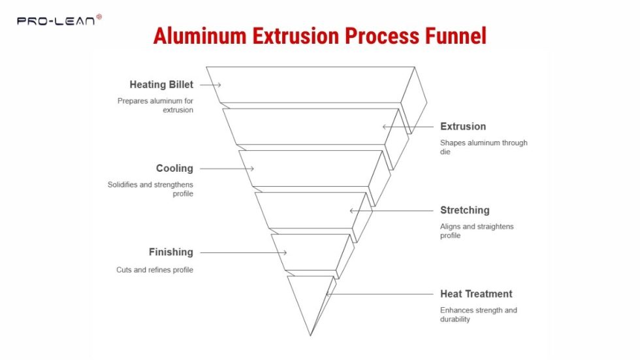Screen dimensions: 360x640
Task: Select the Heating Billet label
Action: point(161,85)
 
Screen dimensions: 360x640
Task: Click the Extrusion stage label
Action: point(463,127)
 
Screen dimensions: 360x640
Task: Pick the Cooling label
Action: point(174,169)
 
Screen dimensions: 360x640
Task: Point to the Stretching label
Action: point(464,210)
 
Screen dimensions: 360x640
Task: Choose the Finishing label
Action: point(170,252)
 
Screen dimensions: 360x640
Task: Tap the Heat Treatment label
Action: point(476,294)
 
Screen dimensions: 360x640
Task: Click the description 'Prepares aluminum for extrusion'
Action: point(156,106)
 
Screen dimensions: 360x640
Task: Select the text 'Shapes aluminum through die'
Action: point(483,148)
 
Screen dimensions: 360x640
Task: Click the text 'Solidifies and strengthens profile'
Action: point(151,189)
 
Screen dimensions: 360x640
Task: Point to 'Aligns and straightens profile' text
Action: point(477,231)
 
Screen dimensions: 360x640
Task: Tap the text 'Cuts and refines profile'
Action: point(155,270)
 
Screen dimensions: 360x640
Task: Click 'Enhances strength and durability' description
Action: point(478,315)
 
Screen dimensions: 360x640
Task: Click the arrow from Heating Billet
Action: point(210,85)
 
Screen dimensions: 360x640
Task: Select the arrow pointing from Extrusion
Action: point(408,127)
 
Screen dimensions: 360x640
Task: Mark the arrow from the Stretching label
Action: point(392,210)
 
